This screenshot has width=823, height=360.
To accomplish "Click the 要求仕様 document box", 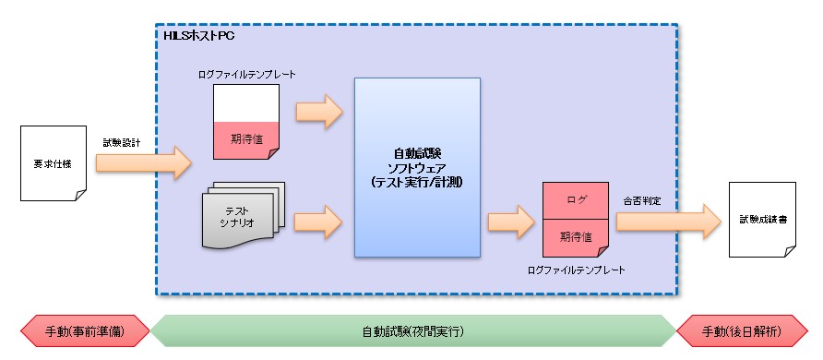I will (52, 164).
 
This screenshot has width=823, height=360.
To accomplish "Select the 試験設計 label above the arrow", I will (123, 142).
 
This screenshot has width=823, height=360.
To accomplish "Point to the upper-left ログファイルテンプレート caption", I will (246, 74).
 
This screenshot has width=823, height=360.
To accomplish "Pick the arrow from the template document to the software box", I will (318, 113).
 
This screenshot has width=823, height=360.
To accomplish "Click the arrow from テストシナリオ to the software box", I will (318, 221).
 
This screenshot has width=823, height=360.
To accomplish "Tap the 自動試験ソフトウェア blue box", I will (417, 167).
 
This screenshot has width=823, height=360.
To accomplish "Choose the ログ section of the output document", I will (577, 199).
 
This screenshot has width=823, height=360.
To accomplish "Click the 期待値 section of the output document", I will (577, 236).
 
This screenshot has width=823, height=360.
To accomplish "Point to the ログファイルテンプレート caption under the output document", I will (577, 270).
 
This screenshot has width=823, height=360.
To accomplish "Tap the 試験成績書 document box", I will (762, 220).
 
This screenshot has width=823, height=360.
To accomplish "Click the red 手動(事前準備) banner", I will (85, 330).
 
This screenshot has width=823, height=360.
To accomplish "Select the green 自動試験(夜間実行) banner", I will (411, 330).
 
